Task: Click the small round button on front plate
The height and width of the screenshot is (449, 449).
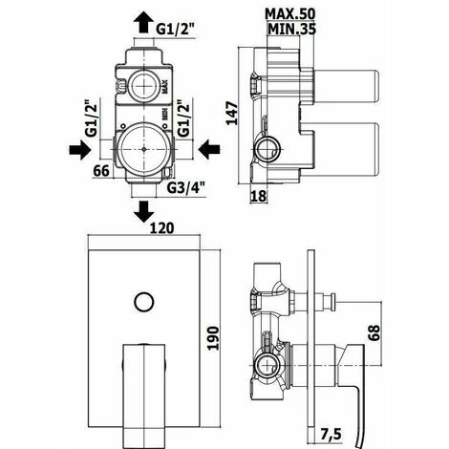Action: tap(143, 304)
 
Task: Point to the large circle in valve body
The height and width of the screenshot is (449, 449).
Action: tap(143, 148)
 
